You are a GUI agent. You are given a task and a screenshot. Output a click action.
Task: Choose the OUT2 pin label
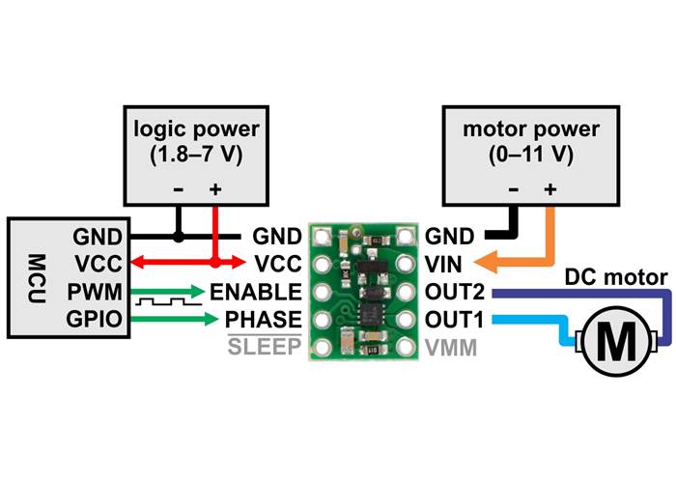[x=454, y=291]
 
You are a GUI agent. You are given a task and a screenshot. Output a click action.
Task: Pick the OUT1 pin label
[x=454, y=319]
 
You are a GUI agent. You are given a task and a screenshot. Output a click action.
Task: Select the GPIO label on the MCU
[x=98, y=319]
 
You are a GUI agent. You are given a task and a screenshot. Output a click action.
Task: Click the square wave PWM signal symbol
[x=165, y=303]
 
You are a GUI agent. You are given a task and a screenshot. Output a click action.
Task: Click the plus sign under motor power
[x=549, y=189]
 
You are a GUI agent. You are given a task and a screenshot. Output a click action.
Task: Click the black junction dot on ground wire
[x=178, y=235]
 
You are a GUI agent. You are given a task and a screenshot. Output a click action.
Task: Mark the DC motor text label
[x=618, y=279]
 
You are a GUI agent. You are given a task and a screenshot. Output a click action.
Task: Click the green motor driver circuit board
[x=365, y=291]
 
